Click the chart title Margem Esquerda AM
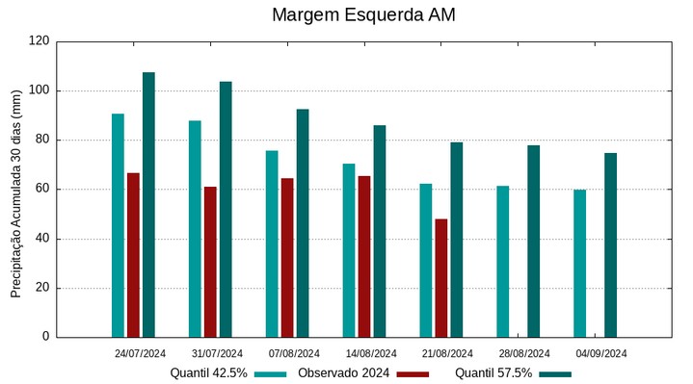click(363, 15)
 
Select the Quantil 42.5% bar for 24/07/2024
click(118, 225)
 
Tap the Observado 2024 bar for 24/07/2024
click(133, 255)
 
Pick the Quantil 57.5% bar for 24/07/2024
click(148, 204)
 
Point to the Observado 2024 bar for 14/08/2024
click(364, 256)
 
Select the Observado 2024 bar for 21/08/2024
click(441, 278)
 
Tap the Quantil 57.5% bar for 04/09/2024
click(611, 244)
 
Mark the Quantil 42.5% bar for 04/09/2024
click(580, 263)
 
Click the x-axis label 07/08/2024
click(294, 353)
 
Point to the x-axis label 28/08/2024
click(525, 353)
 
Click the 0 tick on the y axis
click(45, 337)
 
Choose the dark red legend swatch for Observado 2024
click(413, 373)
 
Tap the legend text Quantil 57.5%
click(493, 373)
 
